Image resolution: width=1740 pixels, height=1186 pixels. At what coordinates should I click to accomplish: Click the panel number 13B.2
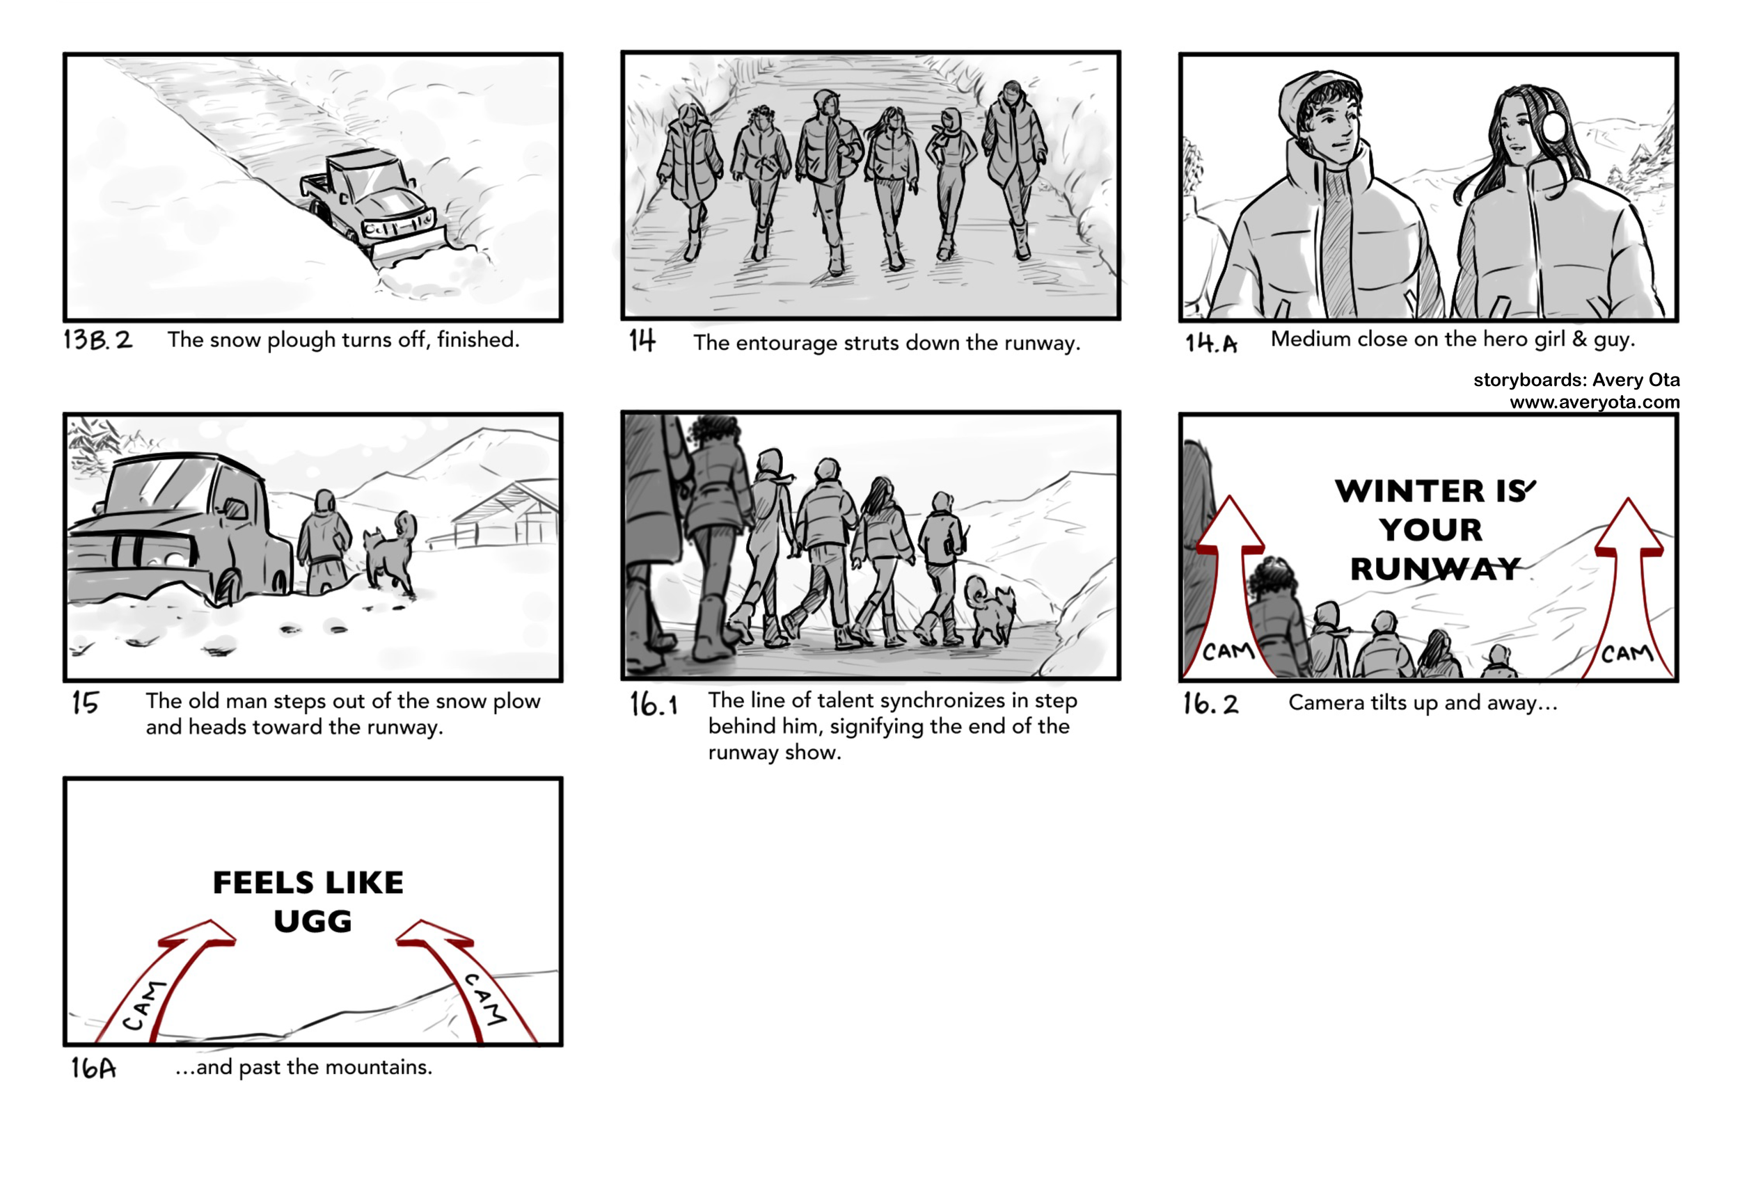[97, 339]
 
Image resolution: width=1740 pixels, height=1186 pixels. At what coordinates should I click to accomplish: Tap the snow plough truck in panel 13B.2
[367, 199]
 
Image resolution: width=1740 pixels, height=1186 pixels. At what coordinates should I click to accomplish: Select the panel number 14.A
[1210, 343]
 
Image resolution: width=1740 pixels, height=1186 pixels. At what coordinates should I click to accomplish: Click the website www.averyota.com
[1594, 403]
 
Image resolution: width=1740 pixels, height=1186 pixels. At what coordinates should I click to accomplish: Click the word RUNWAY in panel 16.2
[1434, 570]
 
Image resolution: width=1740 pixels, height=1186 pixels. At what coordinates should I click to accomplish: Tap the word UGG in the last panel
[313, 921]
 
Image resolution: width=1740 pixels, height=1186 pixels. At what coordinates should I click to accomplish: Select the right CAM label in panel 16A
[485, 999]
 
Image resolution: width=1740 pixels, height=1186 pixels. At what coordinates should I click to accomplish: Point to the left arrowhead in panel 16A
[202, 933]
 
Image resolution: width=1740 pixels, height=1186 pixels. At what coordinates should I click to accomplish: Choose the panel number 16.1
[653, 704]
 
